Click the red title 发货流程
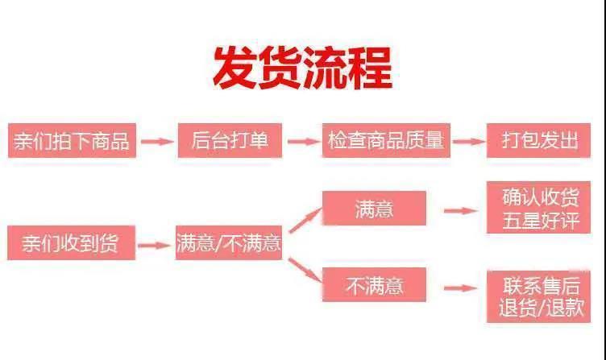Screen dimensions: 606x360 pos(302,68)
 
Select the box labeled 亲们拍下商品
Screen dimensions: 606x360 pos(71,140)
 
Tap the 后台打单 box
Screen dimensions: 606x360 pos(230,140)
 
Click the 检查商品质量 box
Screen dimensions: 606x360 pos(385,140)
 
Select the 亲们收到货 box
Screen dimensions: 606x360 pos(71,243)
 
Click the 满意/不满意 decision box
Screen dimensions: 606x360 pos(229,243)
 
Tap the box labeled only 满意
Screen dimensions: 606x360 pos(374,209)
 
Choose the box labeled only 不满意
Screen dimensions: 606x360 pos(374,285)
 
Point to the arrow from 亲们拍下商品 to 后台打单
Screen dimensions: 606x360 pos(157,141)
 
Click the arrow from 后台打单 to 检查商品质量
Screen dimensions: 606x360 pos(304,141)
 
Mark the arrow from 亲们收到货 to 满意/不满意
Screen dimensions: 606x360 pos(156,243)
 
